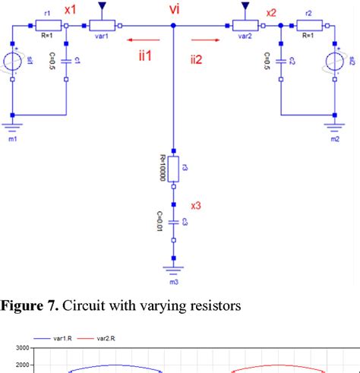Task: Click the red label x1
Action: pyautogui.click(x=70, y=11)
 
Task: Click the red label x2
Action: pyautogui.click(x=271, y=11)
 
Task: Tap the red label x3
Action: pyautogui.click(x=195, y=206)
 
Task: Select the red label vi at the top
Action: pyautogui.click(x=174, y=10)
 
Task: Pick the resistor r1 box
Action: pyautogui.click(x=47, y=26)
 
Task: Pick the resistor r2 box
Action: pyautogui.click(x=308, y=26)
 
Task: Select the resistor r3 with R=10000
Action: pyautogui.click(x=174, y=170)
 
